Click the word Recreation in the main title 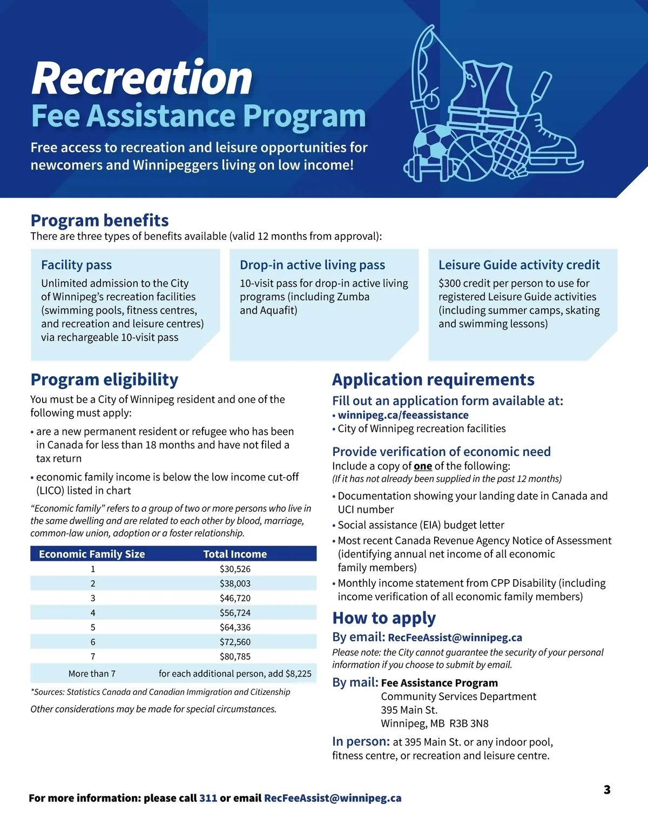click(x=142, y=78)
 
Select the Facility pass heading click(x=76, y=265)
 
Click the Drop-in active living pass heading click(x=312, y=265)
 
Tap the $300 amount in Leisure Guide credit click(x=449, y=283)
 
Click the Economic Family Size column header click(x=92, y=554)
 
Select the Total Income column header click(x=235, y=554)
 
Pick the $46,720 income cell click(x=235, y=598)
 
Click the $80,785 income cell click(x=235, y=656)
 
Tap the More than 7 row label click(x=92, y=674)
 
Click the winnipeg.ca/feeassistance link click(x=403, y=415)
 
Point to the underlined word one click(x=423, y=466)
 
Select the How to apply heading click(x=384, y=618)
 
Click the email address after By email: click(x=455, y=638)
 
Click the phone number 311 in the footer click(x=208, y=798)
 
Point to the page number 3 click(x=607, y=789)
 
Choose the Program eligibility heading click(x=104, y=379)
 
